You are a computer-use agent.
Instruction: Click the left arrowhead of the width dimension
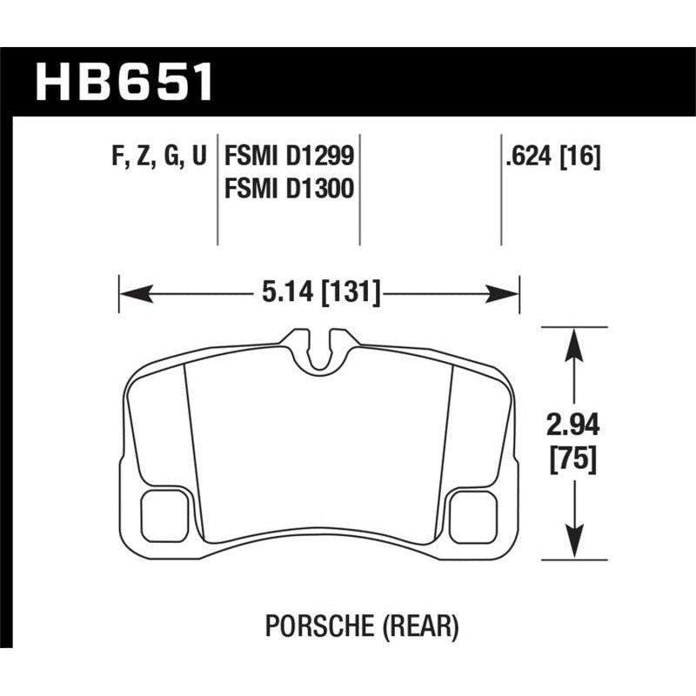click(130, 293)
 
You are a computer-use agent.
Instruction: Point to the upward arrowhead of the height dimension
click(573, 340)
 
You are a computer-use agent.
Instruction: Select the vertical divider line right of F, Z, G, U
click(217, 191)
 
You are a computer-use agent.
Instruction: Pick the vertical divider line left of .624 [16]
click(501, 191)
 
